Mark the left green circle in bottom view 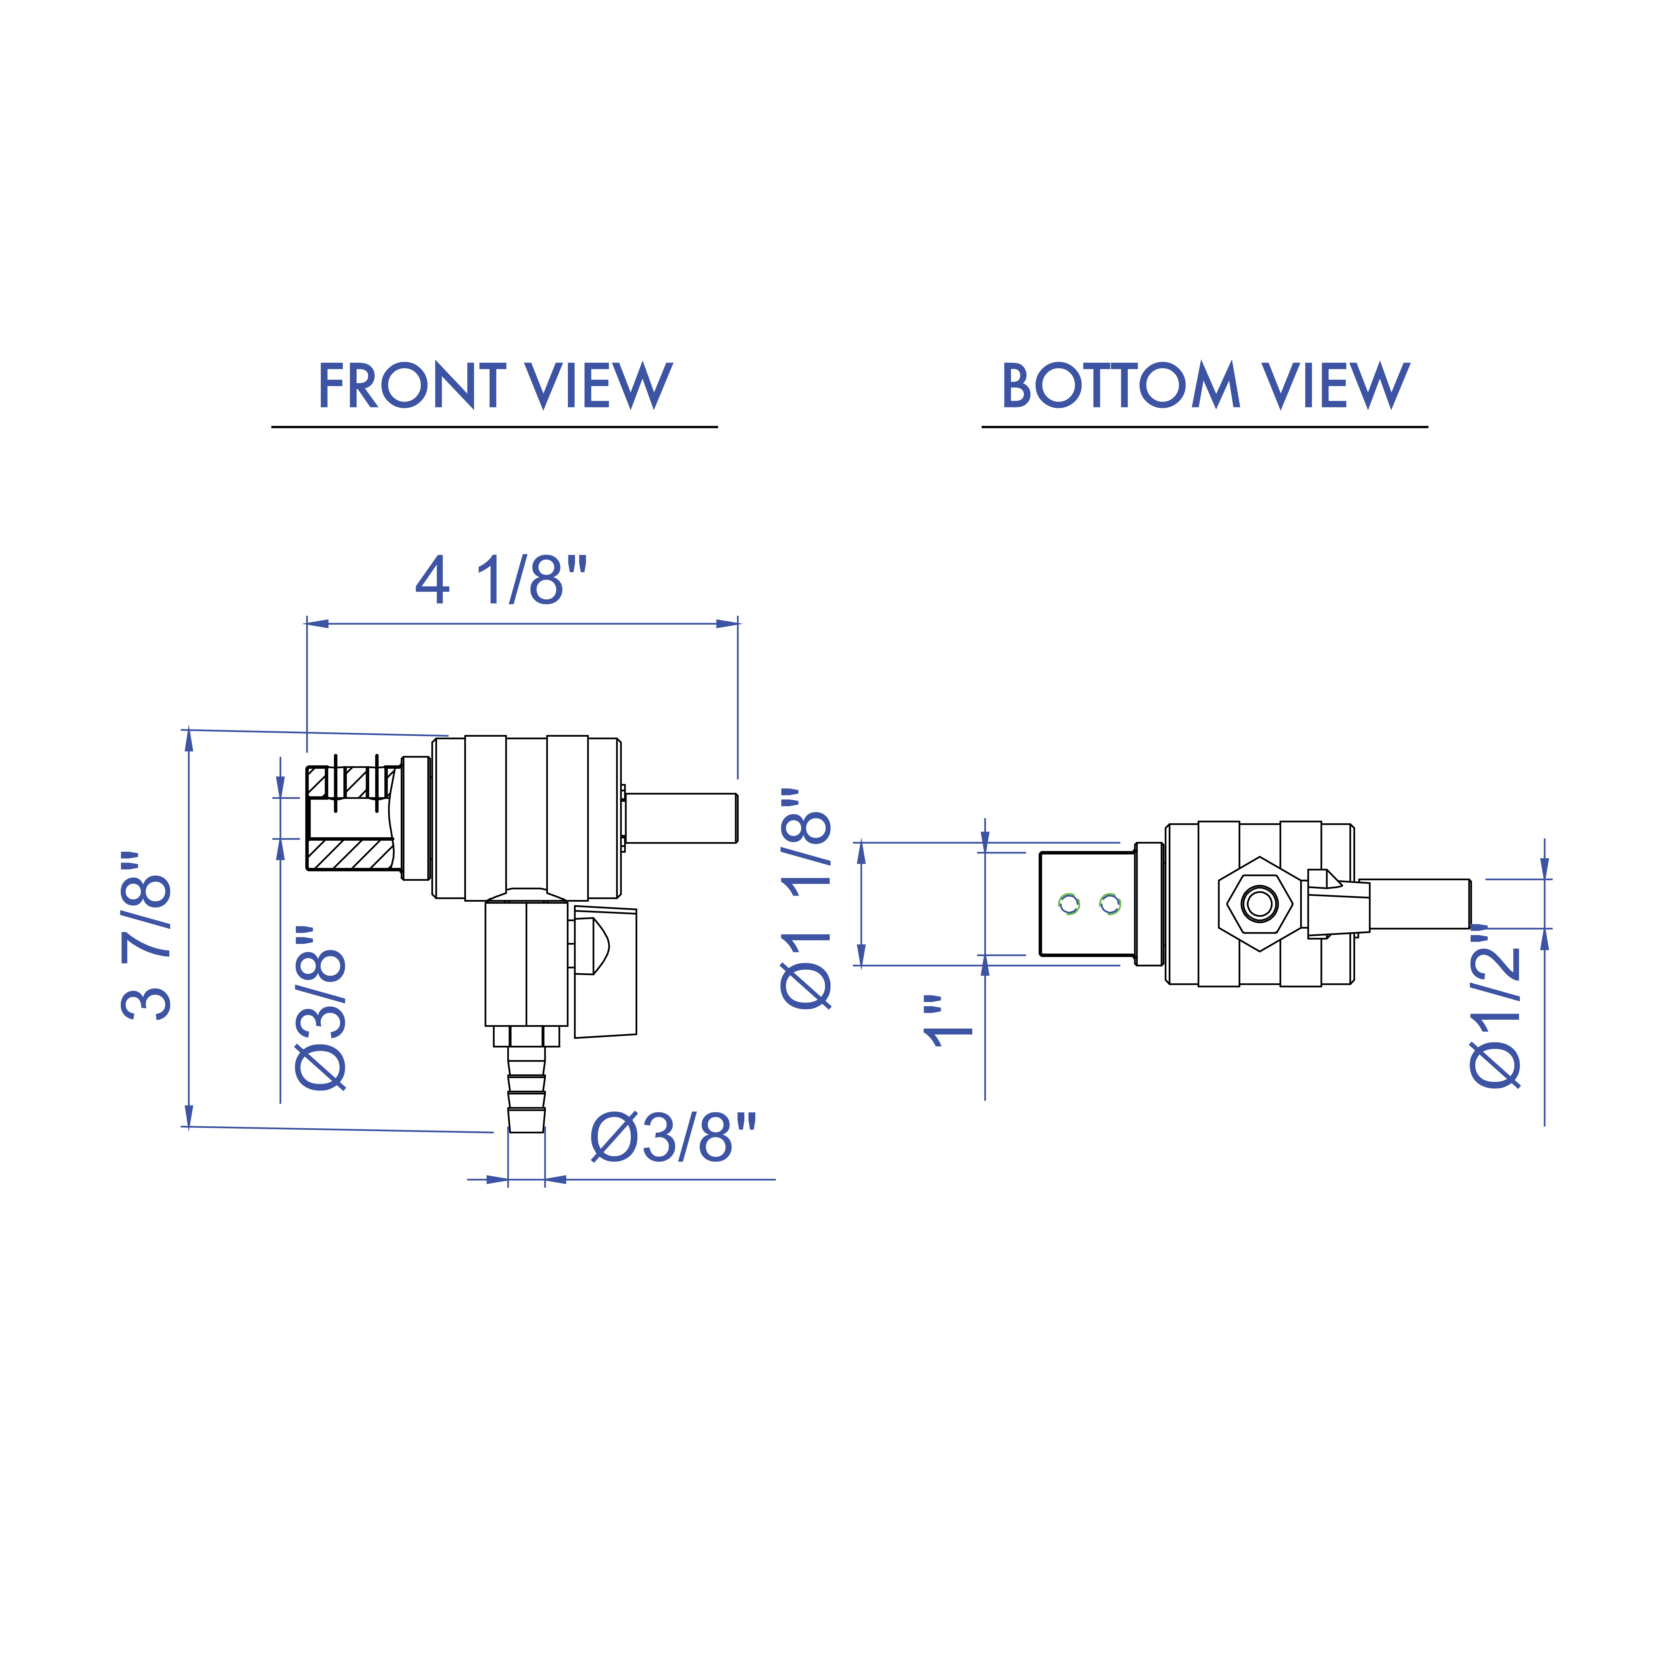tap(1069, 904)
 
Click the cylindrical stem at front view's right tap(680, 818)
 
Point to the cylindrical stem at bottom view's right tap(1419, 904)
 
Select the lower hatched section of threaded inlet tap(351, 854)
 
